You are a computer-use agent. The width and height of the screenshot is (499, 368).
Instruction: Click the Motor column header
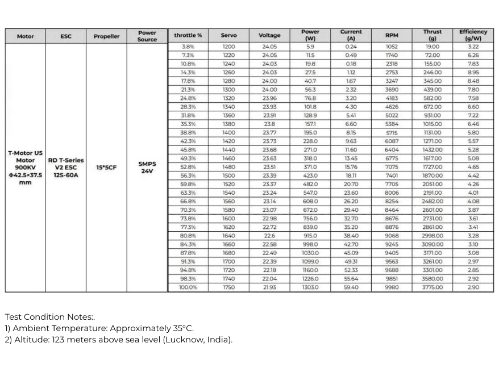(x=25, y=36)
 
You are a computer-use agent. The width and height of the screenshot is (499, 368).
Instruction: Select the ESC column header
(x=66, y=36)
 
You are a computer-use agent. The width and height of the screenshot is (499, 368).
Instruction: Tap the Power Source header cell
(x=147, y=36)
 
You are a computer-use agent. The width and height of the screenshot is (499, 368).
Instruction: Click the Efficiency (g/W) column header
(x=473, y=35)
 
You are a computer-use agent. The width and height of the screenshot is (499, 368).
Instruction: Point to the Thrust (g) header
(x=433, y=35)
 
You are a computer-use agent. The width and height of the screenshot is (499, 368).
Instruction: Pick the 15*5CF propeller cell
(x=106, y=168)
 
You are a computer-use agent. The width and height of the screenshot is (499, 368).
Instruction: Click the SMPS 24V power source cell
(x=147, y=168)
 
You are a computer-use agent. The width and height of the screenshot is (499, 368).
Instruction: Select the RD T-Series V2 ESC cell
(x=66, y=168)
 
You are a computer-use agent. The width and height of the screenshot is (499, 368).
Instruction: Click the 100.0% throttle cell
(x=188, y=287)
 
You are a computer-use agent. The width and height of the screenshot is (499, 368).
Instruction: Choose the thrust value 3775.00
(x=433, y=287)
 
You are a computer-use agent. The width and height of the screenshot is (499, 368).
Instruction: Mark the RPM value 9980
(x=392, y=287)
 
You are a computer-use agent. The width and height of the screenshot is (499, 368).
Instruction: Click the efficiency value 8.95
(x=473, y=72)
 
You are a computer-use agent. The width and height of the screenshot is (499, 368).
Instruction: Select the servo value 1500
(x=228, y=175)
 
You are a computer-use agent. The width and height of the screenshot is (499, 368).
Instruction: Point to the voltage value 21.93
(x=269, y=287)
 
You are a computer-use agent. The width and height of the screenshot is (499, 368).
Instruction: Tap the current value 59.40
(x=351, y=287)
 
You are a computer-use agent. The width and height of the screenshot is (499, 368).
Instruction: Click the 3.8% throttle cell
(x=188, y=47)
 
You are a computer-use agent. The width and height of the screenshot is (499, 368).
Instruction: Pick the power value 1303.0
(x=310, y=287)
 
